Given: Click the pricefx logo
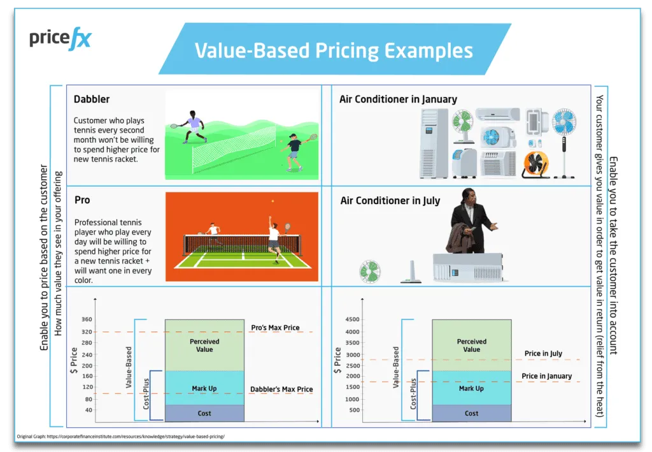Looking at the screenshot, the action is (x=60, y=39).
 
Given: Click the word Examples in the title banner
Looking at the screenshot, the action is (x=429, y=51).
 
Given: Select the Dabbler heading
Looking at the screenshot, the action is (x=92, y=99).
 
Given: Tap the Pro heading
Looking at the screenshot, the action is (x=82, y=200).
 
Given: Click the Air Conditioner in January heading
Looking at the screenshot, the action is (x=398, y=99).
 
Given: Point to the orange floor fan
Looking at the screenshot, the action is (x=535, y=164).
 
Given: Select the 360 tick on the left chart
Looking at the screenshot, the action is (x=87, y=319).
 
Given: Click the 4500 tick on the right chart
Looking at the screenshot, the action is (x=352, y=319).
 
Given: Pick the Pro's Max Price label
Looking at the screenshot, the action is (x=275, y=328).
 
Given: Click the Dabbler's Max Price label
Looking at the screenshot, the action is (x=281, y=389).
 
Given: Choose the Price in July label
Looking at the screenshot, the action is (x=543, y=353).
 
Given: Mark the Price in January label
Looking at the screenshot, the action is (x=547, y=376).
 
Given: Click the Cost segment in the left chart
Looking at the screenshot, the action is (x=204, y=413).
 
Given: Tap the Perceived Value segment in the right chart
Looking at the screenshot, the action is (x=472, y=345).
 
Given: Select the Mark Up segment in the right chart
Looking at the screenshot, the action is (x=472, y=388).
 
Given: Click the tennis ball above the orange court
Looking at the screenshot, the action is (x=273, y=201).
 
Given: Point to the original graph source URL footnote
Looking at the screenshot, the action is (x=120, y=437).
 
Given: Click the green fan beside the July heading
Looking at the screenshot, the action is (x=370, y=272).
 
